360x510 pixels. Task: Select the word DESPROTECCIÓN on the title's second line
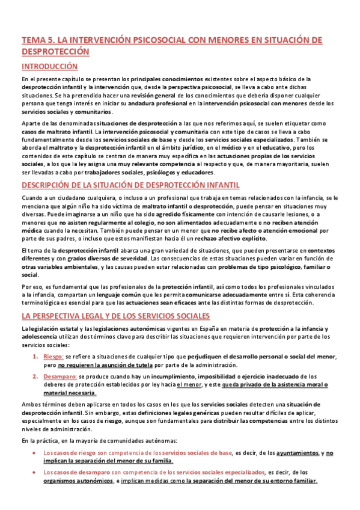[55, 52]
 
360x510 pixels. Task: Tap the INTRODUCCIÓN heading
[49, 67]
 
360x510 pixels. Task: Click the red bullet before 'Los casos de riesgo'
[37, 453]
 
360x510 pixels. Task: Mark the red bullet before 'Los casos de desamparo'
[37, 472]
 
